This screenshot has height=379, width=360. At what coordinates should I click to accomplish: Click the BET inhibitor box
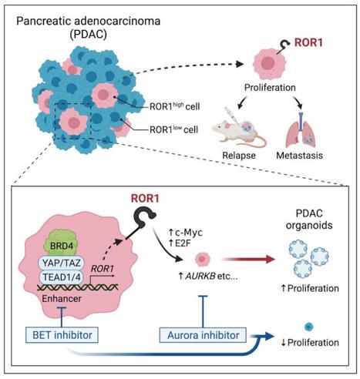[x=62, y=335]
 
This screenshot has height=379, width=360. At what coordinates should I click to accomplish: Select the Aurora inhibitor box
[x=203, y=335]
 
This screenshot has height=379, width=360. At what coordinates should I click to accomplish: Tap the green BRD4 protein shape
[x=62, y=243]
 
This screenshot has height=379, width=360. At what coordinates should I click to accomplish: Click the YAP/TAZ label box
[x=62, y=263]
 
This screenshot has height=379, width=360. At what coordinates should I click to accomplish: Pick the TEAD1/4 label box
[x=62, y=277]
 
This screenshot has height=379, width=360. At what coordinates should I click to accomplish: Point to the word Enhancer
[x=62, y=299]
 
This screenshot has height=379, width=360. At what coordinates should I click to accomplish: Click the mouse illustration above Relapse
[x=239, y=129]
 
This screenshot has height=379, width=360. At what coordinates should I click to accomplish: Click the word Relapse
[x=239, y=156]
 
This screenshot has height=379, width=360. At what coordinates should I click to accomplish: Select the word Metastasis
[x=299, y=156]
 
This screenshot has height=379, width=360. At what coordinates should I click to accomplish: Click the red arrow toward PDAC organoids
[x=248, y=259]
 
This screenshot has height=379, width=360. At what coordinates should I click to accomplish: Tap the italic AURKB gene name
[x=200, y=277]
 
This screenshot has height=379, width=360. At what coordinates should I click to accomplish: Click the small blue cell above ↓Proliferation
[x=308, y=327]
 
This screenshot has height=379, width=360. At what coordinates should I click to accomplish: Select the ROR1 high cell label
[x=174, y=106]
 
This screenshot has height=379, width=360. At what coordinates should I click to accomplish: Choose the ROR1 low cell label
[x=173, y=129]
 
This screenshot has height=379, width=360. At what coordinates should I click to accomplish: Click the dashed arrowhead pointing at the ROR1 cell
[x=240, y=64]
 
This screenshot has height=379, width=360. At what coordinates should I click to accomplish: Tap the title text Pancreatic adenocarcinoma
[x=88, y=21]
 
